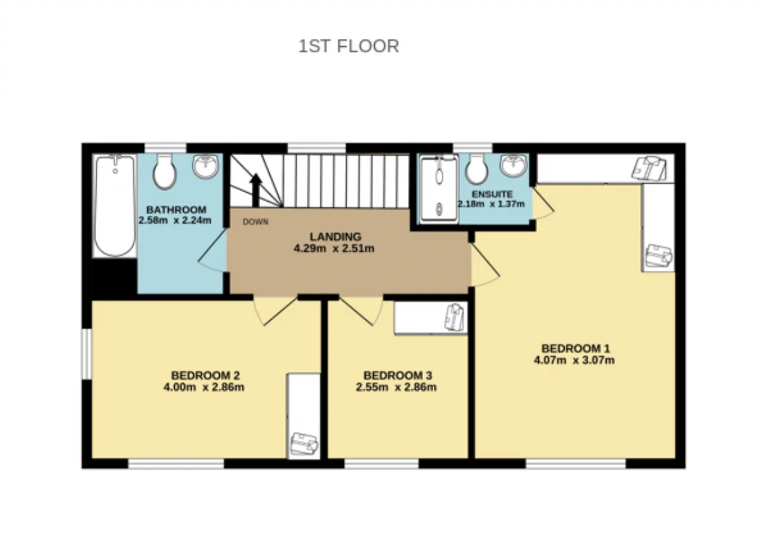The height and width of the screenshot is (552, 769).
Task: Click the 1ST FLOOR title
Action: [x=348, y=46]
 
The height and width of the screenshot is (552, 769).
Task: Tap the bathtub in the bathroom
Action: [x=115, y=205]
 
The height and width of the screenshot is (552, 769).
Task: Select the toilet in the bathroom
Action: [x=165, y=171]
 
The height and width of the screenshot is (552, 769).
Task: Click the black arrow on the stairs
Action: [x=255, y=190]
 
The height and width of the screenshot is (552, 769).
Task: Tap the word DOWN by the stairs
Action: [x=255, y=222]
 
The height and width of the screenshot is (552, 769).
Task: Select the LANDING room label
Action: [x=335, y=237]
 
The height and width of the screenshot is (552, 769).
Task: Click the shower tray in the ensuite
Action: [x=439, y=189]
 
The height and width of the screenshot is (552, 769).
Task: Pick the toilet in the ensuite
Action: [x=476, y=169]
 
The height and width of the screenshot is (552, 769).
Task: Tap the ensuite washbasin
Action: [x=513, y=165]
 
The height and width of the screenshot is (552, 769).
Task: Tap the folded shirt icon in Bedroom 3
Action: [x=454, y=317]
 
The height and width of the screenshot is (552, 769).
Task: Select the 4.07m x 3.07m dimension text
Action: [x=574, y=360]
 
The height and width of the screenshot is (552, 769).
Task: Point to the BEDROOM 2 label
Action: [x=205, y=375]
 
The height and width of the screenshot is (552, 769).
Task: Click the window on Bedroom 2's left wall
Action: [x=87, y=354]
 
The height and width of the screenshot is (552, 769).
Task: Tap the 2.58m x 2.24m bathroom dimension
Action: [x=175, y=220]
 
